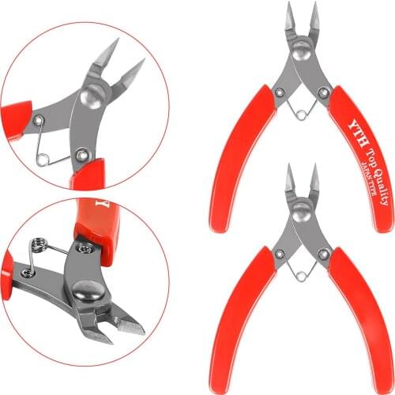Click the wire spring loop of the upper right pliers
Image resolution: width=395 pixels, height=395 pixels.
coord(301,115)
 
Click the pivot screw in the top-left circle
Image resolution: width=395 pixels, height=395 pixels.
coord(89,99)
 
